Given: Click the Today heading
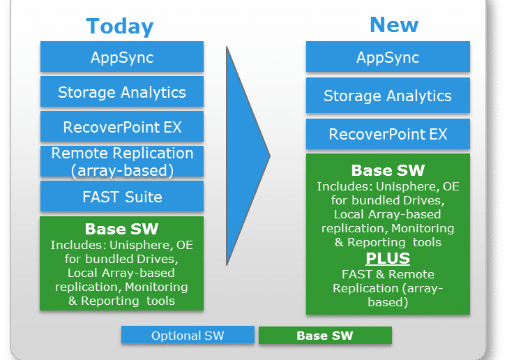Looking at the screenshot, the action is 120,27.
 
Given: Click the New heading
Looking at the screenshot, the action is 394,25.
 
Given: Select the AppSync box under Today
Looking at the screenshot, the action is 122,57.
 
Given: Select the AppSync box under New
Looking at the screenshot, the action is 388,57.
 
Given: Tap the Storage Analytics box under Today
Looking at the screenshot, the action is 122,91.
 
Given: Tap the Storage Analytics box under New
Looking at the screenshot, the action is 388,96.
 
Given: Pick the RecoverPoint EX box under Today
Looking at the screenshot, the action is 122,126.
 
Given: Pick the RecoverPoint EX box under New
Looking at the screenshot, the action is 388,134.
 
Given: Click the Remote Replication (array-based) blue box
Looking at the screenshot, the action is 122,161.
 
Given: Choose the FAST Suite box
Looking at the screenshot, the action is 122,196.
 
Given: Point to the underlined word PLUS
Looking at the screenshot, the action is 388,258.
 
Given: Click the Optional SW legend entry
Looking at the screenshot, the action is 188,335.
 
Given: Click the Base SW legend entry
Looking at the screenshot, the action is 325,336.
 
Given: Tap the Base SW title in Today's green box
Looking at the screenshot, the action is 121,229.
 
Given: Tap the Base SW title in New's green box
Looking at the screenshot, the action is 388,170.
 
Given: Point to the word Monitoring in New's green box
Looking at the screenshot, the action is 423,228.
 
